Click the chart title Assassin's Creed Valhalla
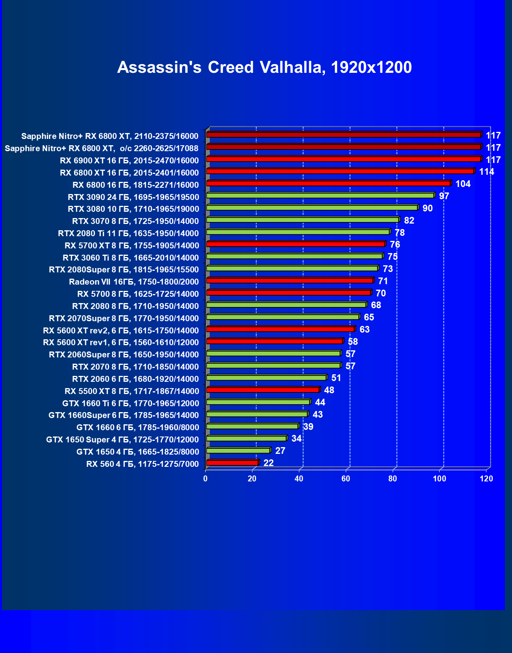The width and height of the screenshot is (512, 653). pyautogui.click(x=264, y=67)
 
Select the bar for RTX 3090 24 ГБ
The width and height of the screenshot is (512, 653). pyautogui.click(x=320, y=195)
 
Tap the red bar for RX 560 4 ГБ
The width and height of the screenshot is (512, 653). pyautogui.click(x=232, y=462)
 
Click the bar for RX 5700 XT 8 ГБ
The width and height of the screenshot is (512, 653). pyautogui.click(x=295, y=244)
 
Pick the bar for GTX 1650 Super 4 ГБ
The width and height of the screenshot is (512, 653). pyautogui.click(x=246, y=438)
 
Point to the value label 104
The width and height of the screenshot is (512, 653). pyautogui.click(x=463, y=184)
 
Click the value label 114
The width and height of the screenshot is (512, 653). pyautogui.click(x=486, y=172)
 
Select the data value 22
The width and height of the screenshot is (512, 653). pyautogui.click(x=268, y=463)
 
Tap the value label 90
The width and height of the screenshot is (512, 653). pyautogui.click(x=427, y=208)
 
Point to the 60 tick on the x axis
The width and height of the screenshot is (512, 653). pyautogui.click(x=346, y=479)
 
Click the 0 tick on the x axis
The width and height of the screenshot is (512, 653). pyautogui.click(x=205, y=479)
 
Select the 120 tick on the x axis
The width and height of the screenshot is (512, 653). pyautogui.click(x=486, y=479)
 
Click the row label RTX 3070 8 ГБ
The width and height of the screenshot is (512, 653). pyautogui.click(x=135, y=221)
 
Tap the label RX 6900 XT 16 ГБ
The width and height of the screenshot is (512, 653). pyautogui.click(x=129, y=161)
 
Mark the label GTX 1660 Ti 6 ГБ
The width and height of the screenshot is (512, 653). pyautogui.click(x=130, y=403)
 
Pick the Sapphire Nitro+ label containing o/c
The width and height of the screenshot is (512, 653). pyautogui.click(x=101, y=148)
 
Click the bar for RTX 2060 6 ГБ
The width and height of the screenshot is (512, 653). pyautogui.click(x=266, y=377)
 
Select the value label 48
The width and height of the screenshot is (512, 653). pyautogui.click(x=329, y=390)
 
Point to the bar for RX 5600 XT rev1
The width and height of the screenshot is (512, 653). pyautogui.click(x=275, y=341)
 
